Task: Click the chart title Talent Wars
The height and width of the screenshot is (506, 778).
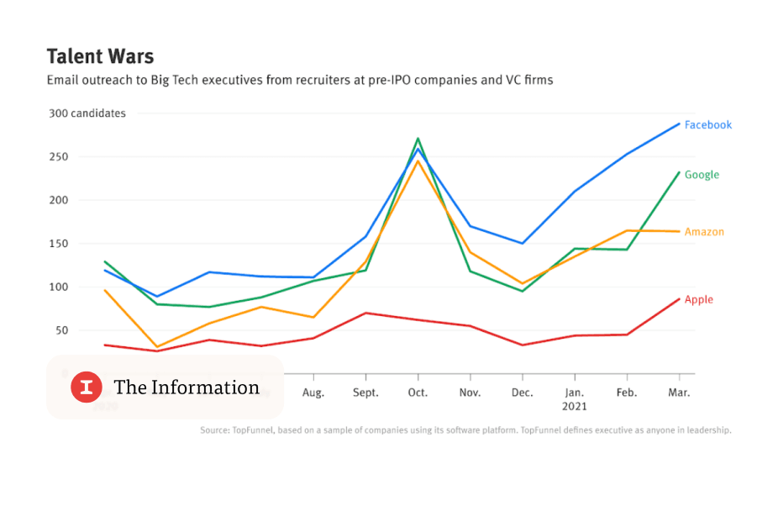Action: pyautogui.click(x=100, y=56)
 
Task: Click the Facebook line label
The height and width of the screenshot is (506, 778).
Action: pyautogui.click(x=707, y=124)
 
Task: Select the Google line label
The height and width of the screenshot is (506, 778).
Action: pyautogui.click(x=702, y=175)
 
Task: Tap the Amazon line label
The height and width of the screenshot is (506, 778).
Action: pyautogui.click(x=704, y=232)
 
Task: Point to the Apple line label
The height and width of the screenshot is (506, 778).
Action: pyautogui.click(x=698, y=299)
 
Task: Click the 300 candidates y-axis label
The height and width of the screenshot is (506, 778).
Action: pyautogui.click(x=86, y=113)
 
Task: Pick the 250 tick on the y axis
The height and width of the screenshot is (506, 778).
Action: pyautogui.click(x=58, y=157)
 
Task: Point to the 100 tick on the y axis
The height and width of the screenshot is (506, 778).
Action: pyautogui.click(x=58, y=287)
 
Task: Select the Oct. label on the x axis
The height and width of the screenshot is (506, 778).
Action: pyautogui.click(x=418, y=393)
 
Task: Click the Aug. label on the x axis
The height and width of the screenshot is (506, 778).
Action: pyautogui.click(x=313, y=393)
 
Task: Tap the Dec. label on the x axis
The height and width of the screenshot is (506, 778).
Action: pyautogui.click(x=522, y=393)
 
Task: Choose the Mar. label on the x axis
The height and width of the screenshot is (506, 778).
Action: pyautogui.click(x=679, y=393)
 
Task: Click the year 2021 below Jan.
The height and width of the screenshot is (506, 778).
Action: pyautogui.click(x=575, y=406)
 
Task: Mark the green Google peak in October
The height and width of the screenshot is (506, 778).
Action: pyautogui.click(x=418, y=139)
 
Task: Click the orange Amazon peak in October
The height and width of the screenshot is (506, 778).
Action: pyautogui.click(x=418, y=160)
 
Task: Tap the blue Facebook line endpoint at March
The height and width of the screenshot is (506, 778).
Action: pyautogui.click(x=679, y=124)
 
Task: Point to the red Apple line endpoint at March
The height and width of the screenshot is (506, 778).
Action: pyautogui.click(x=679, y=298)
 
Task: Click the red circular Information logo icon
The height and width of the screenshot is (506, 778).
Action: pyautogui.click(x=86, y=387)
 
